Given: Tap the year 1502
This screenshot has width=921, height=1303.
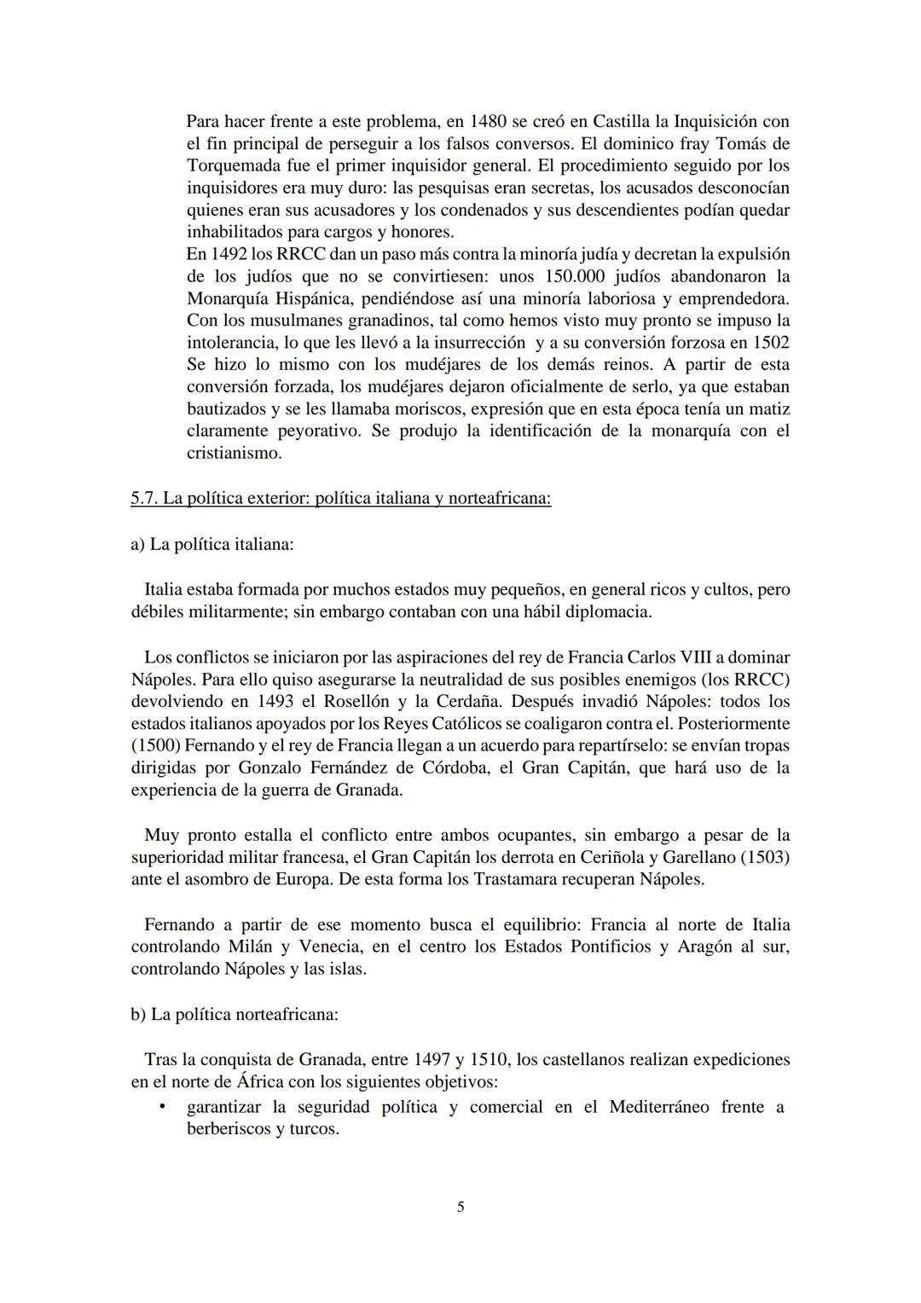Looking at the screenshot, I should pyautogui.click(x=771, y=343).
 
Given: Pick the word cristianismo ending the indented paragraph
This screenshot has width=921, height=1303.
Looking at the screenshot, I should pyautogui.click(x=235, y=454).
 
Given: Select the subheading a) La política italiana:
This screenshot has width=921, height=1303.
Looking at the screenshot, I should pyautogui.click(x=211, y=544).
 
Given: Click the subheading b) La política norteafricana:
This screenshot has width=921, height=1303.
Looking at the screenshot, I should pyautogui.click(x=235, y=1015).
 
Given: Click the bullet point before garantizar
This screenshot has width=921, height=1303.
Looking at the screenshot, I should pyautogui.click(x=161, y=1108).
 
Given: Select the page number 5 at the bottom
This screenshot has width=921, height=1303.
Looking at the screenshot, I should pyautogui.click(x=460, y=1207).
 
